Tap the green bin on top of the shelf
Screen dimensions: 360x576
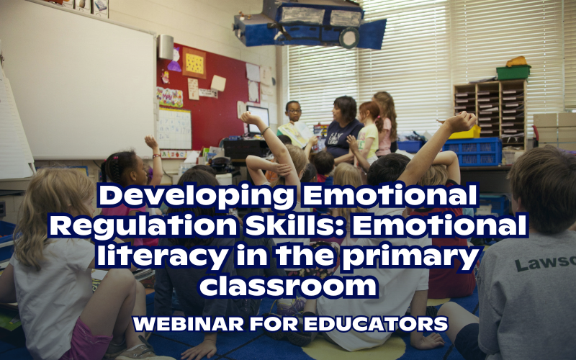pos(513,71)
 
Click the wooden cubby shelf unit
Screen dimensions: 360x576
pos(490,108)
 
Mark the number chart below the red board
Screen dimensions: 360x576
pos(174,129)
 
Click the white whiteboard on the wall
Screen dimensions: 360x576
pos(79,79)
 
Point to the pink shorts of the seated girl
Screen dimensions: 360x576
pos(86,339)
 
